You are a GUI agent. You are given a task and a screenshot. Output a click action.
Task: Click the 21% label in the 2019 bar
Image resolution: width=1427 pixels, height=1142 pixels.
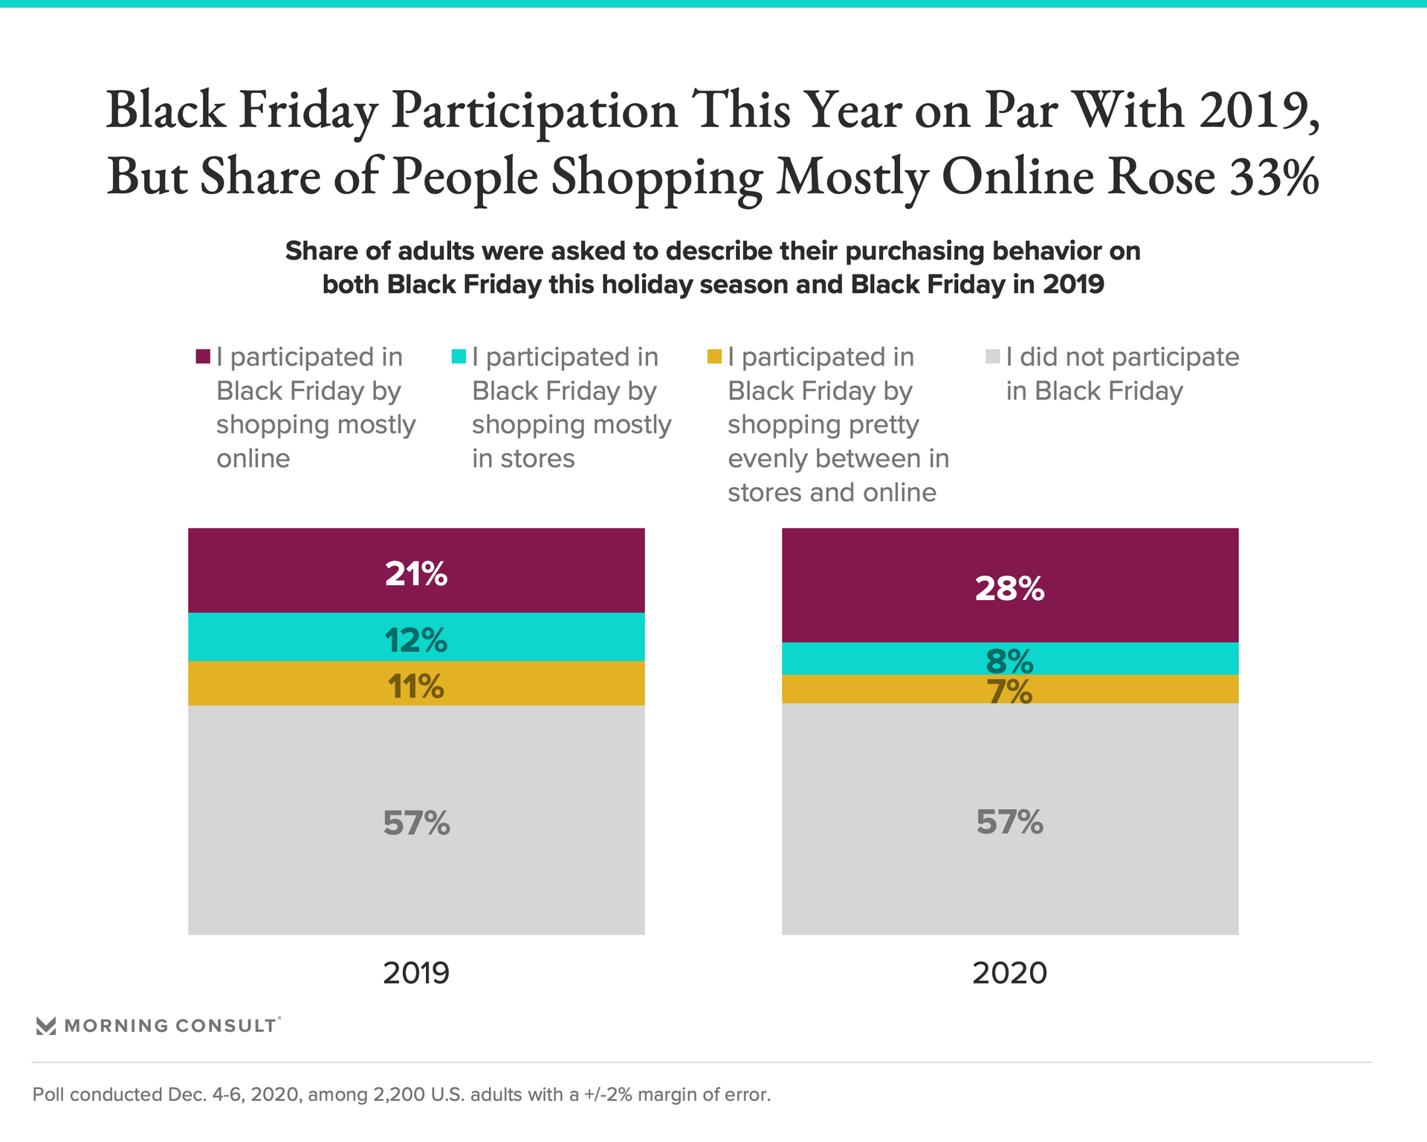pyautogui.click(x=415, y=574)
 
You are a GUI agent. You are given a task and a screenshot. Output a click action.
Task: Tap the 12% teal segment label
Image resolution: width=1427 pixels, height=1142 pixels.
pyautogui.click(x=415, y=640)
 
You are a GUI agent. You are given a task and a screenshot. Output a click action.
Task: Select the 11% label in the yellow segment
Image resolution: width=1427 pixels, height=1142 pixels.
pyautogui.click(x=415, y=686)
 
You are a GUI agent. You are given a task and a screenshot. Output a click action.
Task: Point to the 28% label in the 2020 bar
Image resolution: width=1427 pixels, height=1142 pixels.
pyautogui.click(x=1009, y=589)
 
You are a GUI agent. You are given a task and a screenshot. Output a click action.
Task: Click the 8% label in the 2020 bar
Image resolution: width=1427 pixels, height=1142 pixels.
pyautogui.click(x=1009, y=660)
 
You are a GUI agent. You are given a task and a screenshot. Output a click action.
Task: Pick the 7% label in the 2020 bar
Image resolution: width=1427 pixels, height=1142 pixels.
pyautogui.click(x=1009, y=692)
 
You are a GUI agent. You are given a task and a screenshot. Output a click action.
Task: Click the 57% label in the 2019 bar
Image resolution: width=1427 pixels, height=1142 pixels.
pyautogui.click(x=416, y=823)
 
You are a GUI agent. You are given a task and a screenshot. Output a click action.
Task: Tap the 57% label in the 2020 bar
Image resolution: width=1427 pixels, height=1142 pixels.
pyautogui.click(x=1009, y=822)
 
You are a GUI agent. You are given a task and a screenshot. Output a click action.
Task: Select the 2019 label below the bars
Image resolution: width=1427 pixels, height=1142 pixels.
pyautogui.click(x=416, y=972)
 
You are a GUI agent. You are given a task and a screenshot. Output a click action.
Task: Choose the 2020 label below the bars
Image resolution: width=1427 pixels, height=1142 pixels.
pyautogui.click(x=1009, y=972)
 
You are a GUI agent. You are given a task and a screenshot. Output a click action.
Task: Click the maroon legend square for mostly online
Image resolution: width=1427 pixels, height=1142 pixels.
pyautogui.click(x=203, y=357)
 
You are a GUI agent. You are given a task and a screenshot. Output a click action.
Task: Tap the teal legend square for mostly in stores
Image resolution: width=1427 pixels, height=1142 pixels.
pyautogui.click(x=459, y=357)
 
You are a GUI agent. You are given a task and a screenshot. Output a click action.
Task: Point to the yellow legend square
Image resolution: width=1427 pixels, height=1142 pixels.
pyautogui.click(x=714, y=357)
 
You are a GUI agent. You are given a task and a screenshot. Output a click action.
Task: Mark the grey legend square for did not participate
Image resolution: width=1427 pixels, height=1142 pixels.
pyautogui.click(x=992, y=357)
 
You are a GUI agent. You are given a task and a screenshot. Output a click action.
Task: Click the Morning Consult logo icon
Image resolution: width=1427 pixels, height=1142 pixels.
pyautogui.click(x=46, y=1026)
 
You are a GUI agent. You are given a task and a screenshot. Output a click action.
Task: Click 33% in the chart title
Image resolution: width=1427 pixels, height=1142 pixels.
pyautogui.click(x=1274, y=177)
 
